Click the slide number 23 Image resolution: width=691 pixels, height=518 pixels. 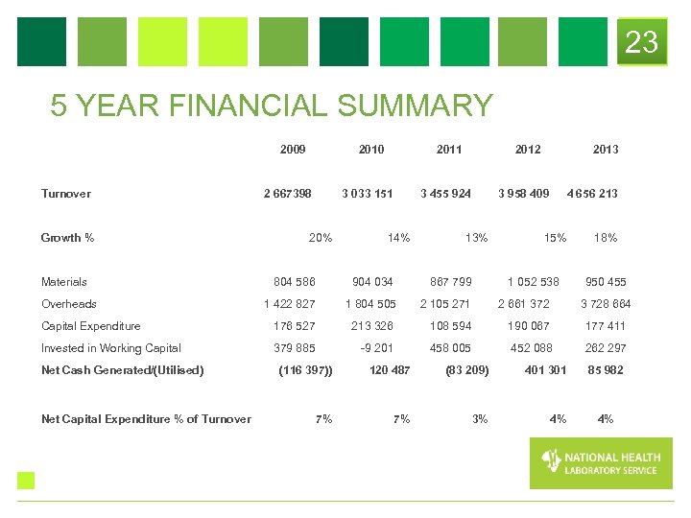click(x=641, y=42)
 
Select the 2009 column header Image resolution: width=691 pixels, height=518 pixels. click(x=293, y=149)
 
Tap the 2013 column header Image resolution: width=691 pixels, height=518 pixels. click(x=606, y=149)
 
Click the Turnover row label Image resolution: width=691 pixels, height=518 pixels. click(x=66, y=194)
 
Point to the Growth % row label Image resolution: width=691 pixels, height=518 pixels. click(x=67, y=238)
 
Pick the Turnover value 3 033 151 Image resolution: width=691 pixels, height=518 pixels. click(x=368, y=194)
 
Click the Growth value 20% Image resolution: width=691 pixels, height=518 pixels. click(x=320, y=238)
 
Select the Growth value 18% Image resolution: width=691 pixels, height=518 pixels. click(x=606, y=238)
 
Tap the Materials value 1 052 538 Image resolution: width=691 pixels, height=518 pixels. click(x=533, y=282)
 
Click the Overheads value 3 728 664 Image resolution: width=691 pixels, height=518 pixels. click(x=606, y=304)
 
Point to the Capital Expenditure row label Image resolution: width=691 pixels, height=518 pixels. click(x=90, y=326)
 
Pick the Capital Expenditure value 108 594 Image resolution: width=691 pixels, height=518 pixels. click(x=451, y=326)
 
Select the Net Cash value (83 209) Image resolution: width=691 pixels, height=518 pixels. click(x=467, y=370)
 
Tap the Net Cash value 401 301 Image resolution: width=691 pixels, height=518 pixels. click(x=545, y=370)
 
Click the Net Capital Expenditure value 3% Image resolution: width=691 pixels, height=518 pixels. click(x=480, y=418)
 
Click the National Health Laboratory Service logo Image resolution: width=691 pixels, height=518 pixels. click(x=601, y=463)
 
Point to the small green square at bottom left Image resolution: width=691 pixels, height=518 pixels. click(x=26, y=481)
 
